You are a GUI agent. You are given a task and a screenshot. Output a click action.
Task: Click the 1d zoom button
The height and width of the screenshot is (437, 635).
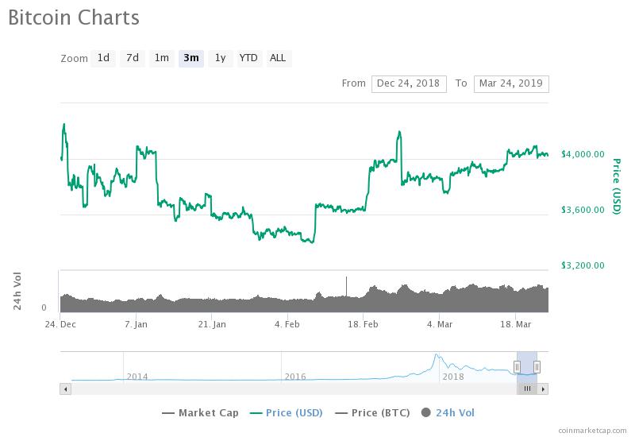tap(103, 58)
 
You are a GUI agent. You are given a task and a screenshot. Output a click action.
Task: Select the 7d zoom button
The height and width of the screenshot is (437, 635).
tap(133, 58)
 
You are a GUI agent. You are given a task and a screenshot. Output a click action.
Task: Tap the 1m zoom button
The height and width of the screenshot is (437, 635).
tap(161, 58)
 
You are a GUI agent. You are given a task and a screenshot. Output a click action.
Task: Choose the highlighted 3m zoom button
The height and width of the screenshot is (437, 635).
tap(190, 58)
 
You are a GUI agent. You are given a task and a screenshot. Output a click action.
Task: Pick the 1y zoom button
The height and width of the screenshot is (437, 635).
tap(220, 58)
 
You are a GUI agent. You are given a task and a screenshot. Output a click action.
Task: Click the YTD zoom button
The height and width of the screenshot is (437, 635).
tap(248, 58)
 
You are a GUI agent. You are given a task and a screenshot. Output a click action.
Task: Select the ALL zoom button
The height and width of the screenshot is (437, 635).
tap(278, 58)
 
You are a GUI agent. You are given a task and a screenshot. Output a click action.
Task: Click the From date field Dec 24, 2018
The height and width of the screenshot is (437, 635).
tap(409, 83)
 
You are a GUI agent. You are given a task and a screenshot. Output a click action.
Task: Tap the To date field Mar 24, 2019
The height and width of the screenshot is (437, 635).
tap(510, 83)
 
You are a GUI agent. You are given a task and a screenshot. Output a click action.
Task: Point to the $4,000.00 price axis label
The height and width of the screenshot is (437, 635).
tap(583, 154)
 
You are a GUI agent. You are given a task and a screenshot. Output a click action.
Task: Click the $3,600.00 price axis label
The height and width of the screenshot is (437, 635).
tap(583, 210)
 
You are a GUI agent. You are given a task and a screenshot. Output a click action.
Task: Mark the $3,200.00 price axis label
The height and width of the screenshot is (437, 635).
tap(583, 265)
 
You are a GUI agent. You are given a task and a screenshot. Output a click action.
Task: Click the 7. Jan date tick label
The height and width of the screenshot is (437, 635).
tap(136, 324)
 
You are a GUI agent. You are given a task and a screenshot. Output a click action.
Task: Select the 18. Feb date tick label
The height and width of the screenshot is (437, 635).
tap(363, 324)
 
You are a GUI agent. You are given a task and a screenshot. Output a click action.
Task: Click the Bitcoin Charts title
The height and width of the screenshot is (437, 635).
tap(74, 17)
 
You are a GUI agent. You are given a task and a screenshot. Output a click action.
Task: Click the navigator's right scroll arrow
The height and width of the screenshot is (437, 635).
tap(544, 389)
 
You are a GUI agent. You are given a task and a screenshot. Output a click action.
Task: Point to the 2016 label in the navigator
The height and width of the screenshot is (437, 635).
tap(295, 377)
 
